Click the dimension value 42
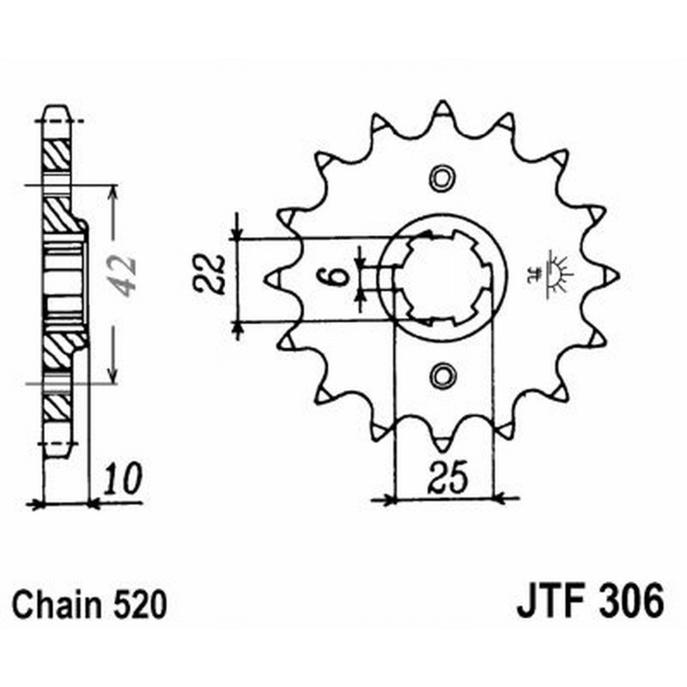125,274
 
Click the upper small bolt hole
442,179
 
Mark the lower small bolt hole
442,374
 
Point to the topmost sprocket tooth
442,110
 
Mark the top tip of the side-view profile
57,108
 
